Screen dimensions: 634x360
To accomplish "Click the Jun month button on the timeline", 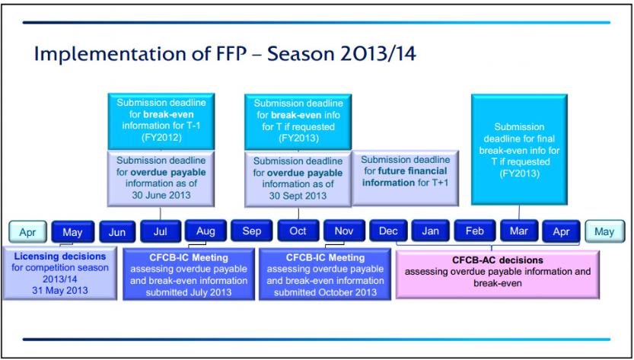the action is [117, 232].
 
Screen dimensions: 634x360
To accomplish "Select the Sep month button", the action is [251, 231].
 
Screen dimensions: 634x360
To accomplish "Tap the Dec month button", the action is [388, 231].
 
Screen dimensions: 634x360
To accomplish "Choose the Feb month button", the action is [475, 231].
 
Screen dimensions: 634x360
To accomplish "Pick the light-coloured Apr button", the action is [27, 232].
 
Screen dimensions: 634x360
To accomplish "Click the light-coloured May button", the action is [604, 232].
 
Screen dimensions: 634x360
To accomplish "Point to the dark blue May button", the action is [73, 232].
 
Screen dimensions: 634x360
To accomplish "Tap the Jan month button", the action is [430, 231].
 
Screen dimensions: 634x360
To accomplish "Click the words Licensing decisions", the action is [59, 256].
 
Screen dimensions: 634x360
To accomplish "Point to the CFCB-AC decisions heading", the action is [498, 260].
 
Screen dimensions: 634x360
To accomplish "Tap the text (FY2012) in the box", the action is [161, 138].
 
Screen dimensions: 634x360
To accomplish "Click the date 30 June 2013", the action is [161, 195].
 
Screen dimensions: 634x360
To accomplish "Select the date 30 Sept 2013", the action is [298, 196].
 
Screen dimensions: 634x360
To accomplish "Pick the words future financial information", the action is [405, 177].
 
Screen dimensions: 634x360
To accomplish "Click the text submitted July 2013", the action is [189, 292].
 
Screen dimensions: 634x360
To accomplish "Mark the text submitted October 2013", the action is [325, 292].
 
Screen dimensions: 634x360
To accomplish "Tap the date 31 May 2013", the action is [59, 290].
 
